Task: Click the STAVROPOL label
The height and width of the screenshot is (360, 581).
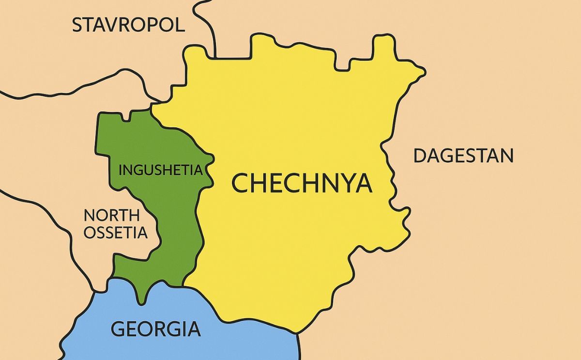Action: point(128,25)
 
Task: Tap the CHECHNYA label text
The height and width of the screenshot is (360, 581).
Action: point(302,183)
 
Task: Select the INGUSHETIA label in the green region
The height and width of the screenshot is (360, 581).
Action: point(160,171)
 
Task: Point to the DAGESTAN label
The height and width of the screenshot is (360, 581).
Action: point(463,156)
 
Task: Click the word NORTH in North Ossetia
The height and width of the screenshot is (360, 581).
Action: point(111,216)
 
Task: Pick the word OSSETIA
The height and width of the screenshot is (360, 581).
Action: point(115,233)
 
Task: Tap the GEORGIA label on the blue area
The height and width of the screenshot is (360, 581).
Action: point(155,329)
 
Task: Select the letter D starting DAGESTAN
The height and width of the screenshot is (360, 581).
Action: point(420,156)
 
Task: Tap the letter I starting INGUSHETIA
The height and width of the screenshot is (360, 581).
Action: point(121,171)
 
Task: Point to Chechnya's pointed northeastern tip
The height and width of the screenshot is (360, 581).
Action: point(424,73)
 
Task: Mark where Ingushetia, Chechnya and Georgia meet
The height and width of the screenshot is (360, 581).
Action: point(184,285)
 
